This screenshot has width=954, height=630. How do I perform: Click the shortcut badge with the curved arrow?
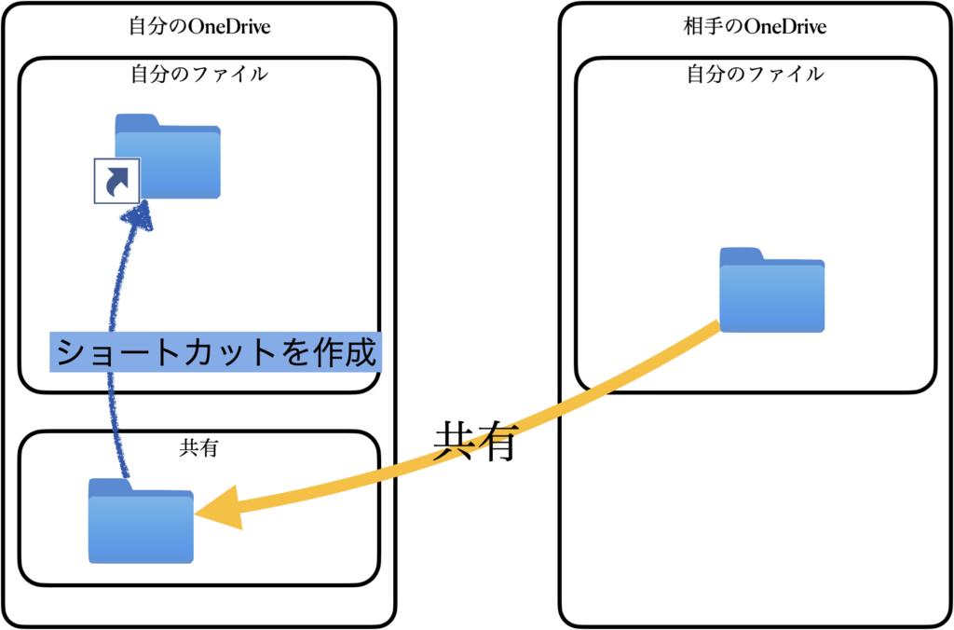coord(116,180)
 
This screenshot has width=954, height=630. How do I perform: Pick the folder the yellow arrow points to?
coord(141,523)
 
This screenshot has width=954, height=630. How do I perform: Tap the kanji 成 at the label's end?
coord(361,353)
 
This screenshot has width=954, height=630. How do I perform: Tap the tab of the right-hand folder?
coord(742,253)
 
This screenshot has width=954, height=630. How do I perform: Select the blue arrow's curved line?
coord(114,419)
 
